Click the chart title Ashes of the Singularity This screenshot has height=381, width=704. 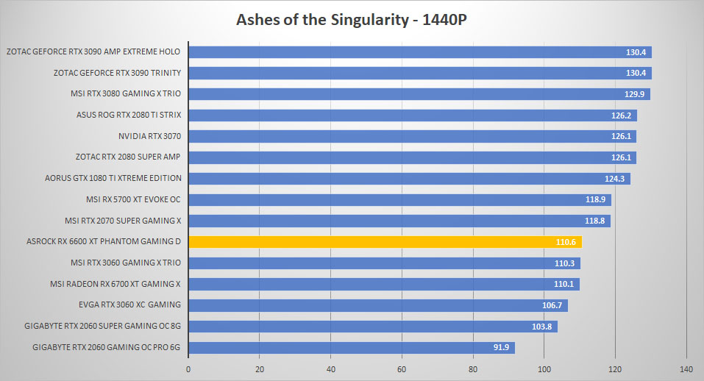tap(322, 20)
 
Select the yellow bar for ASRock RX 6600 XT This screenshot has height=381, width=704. tap(385, 242)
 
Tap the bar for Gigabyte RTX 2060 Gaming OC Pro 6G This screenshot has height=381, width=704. tap(352, 347)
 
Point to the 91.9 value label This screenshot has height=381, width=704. tap(501, 347)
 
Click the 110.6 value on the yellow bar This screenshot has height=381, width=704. tap(566, 242)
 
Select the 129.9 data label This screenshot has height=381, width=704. tap(634, 94)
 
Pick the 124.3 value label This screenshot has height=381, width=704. tap(615, 179)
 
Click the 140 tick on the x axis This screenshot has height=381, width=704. tap(686, 369)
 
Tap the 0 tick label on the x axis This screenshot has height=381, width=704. tap(188, 369)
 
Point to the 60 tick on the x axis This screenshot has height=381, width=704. tap(402, 369)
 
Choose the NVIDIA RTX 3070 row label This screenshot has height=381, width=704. tap(149, 136)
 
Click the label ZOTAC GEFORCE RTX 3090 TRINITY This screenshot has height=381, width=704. tap(117, 73)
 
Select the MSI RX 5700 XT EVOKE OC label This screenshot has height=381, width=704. tap(133, 199)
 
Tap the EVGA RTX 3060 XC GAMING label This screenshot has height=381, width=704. tap(129, 305)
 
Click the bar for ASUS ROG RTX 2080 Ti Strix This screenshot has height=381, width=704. tap(413, 115)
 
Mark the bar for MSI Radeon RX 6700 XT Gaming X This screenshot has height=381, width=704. tap(384, 284)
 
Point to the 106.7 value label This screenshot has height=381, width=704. tap(552, 305)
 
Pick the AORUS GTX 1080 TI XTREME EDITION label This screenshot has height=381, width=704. tap(113, 178)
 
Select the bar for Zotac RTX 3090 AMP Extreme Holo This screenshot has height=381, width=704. tap(420, 52)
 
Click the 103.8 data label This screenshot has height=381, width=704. tap(542, 327)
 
